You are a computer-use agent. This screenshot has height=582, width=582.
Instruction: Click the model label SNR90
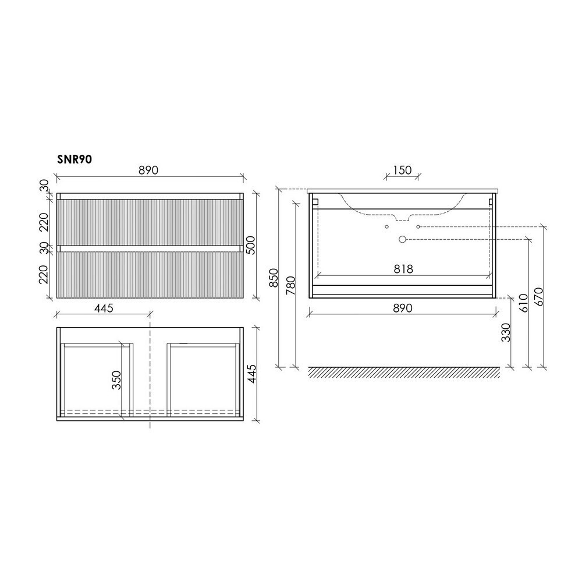pyautogui.click(x=74, y=159)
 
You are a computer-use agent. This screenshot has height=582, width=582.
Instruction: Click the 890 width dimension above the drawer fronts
pyautogui.click(x=148, y=170)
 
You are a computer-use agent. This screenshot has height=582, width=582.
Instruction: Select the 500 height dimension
pyautogui.click(x=251, y=245)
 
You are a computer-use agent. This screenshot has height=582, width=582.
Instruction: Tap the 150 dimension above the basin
pyautogui.click(x=402, y=170)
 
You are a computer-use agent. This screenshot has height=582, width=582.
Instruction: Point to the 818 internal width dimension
pyautogui.click(x=403, y=269)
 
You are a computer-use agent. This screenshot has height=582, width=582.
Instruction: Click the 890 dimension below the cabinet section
pyautogui.click(x=402, y=308)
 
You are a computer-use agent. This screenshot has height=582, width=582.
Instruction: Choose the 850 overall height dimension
pyautogui.click(x=274, y=278)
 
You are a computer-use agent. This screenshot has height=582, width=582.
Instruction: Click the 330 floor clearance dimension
pyautogui.click(x=506, y=332)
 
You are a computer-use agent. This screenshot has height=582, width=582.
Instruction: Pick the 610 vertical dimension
pyautogui.click(x=523, y=303)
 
